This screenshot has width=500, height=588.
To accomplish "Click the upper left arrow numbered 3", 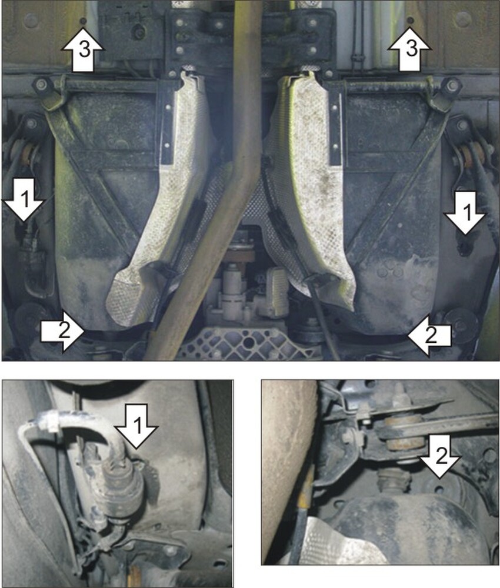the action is (x=82, y=51).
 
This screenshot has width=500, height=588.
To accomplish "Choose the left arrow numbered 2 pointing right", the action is (x=62, y=330).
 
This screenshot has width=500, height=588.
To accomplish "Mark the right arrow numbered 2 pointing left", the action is (x=429, y=335).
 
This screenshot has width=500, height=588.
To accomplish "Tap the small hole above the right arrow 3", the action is (x=411, y=19).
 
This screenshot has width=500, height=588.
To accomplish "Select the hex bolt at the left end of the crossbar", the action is (x=42, y=84).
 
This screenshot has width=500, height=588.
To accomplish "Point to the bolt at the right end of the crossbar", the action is (x=451, y=85).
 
